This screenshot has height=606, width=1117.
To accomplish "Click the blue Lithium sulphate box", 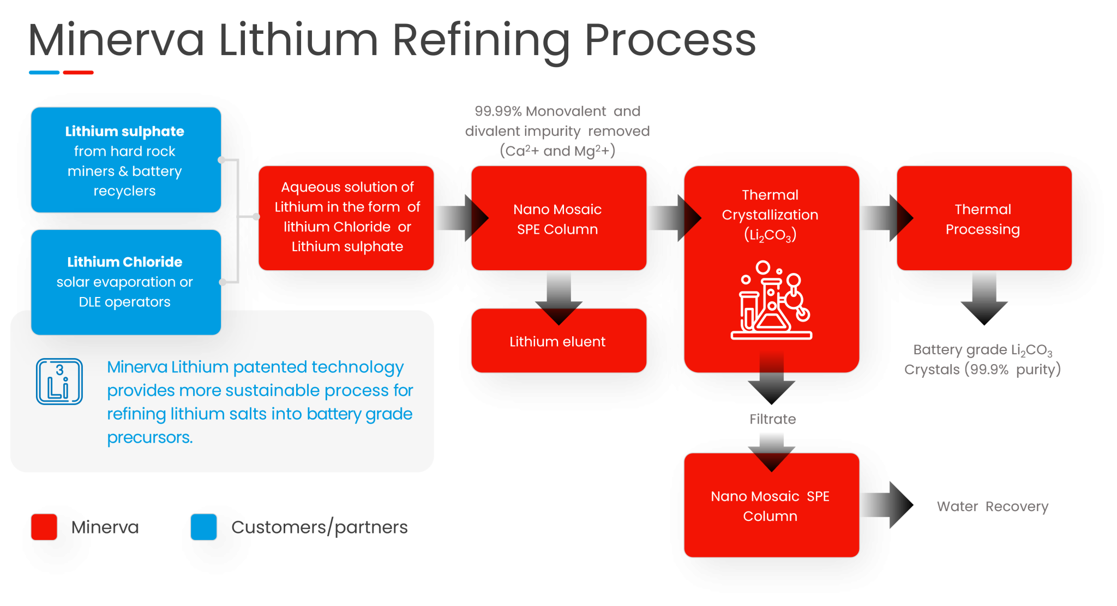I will point(125,160).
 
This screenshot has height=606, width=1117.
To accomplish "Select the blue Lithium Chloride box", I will point(125,281).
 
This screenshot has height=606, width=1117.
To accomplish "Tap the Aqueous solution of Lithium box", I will point(346,217).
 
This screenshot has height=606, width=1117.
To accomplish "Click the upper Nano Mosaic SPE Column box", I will point(558,218).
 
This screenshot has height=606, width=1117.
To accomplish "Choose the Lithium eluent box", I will point(558,342).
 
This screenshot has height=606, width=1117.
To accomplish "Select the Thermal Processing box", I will point(984,218).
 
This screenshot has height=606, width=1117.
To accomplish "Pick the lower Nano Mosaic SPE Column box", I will point(771,506).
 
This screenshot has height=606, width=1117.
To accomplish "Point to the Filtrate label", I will point(772,419).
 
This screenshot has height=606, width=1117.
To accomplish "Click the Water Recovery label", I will point(992,507).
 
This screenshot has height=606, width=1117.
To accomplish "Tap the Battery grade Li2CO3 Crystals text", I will point(982,360).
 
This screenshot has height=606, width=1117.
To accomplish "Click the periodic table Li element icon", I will point(59,381).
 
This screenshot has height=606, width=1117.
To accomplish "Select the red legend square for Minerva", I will point(44,527).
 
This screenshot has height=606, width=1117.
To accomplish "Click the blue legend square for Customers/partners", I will point(203,527).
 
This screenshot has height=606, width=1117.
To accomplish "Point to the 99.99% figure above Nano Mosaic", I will point(497,111).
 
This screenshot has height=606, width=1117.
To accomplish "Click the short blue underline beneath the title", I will point(44,73).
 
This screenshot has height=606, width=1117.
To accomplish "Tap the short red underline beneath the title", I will point(78,73).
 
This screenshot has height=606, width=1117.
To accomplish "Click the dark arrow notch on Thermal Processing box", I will point(904,218).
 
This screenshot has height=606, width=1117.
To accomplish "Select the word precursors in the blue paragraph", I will point(149,437).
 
